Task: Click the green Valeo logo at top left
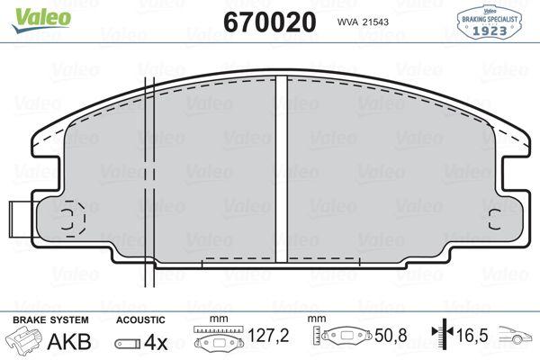(41, 20)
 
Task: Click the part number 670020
(270, 22)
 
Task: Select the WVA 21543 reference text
(363, 22)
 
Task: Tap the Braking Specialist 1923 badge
(489, 22)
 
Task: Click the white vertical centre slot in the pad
(282, 169)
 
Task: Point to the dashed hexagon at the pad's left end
(75, 219)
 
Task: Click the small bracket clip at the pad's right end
(494, 220)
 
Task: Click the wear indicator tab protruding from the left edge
(21, 219)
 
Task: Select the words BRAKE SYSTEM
(50, 320)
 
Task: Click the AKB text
(69, 342)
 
